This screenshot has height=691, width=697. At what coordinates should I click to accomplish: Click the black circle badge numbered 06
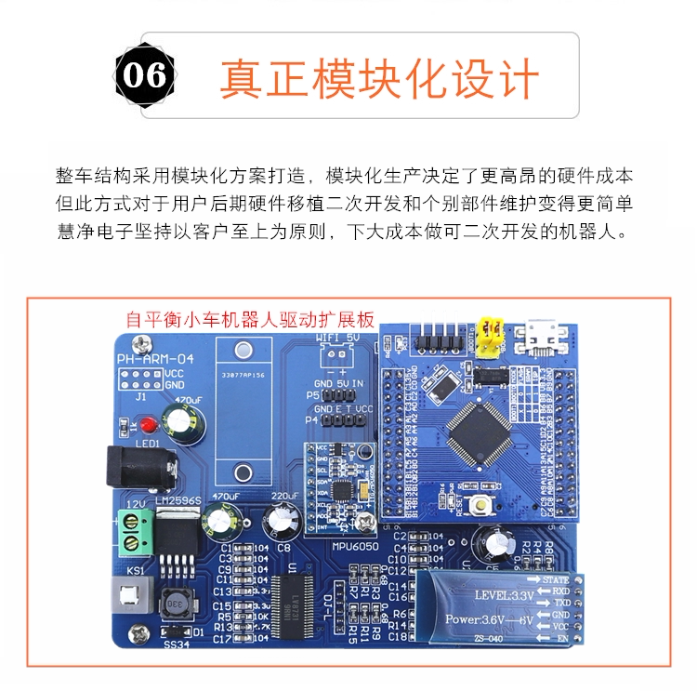(146, 74)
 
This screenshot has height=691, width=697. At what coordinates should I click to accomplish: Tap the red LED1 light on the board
(149, 426)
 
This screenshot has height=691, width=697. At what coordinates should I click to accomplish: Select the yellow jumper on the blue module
(489, 338)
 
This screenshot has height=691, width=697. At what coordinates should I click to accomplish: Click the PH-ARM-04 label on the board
(155, 360)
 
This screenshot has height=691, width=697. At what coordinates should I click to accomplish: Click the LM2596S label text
(178, 501)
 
